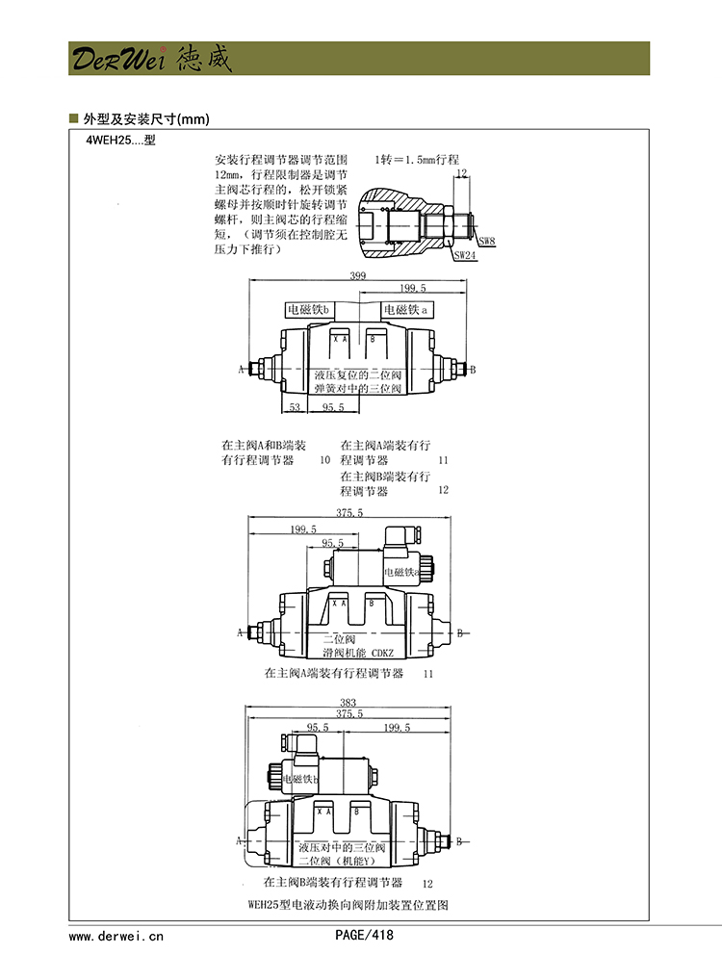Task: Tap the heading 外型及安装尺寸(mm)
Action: coord(145,119)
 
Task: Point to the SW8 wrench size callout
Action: coord(487,241)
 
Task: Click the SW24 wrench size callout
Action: coord(465,255)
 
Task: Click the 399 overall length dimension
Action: coord(358,276)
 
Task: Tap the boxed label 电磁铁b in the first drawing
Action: coord(309,310)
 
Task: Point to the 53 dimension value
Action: coord(295,408)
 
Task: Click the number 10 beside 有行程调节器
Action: coord(324,461)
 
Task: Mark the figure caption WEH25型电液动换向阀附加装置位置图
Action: coord(348,905)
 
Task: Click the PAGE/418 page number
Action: coord(364,935)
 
